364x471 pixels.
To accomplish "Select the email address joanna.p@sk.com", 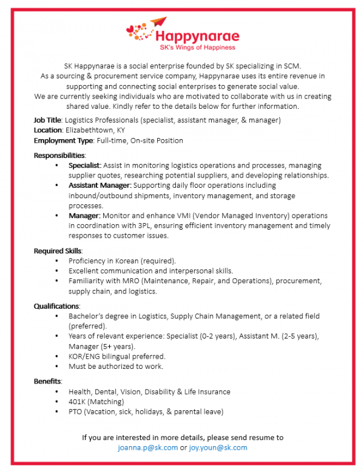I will [148, 447].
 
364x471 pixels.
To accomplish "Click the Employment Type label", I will [62, 140].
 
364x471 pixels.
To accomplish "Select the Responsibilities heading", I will [59, 156].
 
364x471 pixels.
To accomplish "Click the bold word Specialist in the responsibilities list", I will [85, 165].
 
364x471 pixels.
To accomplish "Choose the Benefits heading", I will [47, 382].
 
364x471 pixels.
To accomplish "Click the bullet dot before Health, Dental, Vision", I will [57, 392].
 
